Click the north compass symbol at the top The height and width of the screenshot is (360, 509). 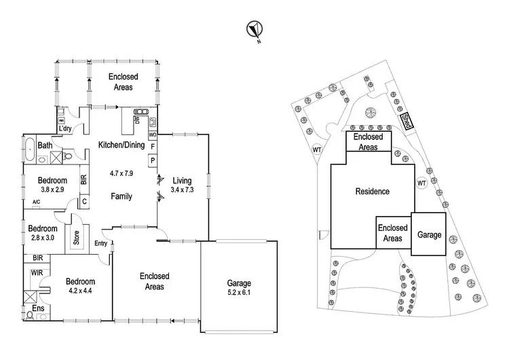click(x=254, y=29)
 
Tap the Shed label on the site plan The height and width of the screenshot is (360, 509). click(x=406, y=122)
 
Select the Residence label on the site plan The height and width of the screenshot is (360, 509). click(x=373, y=192)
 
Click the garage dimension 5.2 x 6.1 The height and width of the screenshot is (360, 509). click(x=240, y=294)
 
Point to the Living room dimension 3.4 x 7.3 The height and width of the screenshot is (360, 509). click(x=182, y=191)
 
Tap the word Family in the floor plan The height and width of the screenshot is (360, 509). click(x=121, y=196)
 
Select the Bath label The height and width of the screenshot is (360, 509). click(x=45, y=145)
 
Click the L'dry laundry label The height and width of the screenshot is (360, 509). click(x=65, y=128)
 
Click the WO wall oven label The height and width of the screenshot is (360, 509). click(x=153, y=134)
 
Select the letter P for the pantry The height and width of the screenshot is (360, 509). click(x=153, y=160)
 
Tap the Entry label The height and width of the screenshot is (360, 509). click(x=101, y=243)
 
